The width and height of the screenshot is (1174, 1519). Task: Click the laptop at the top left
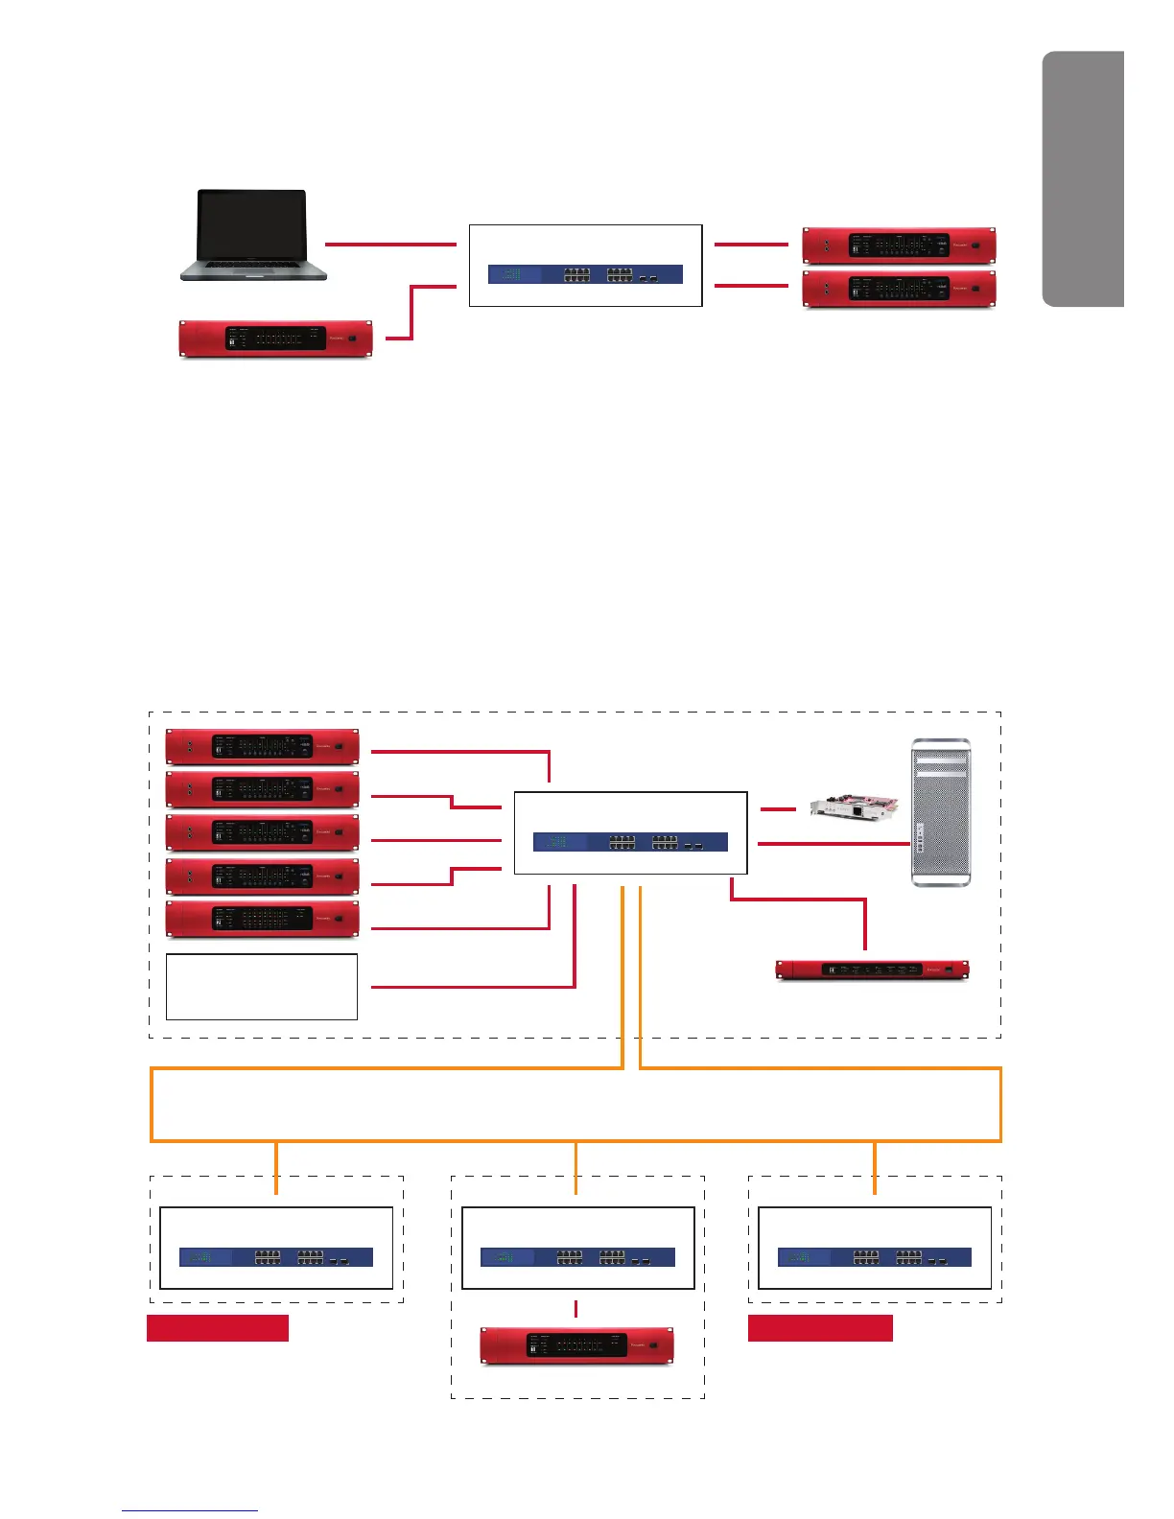pyautogui.click(x=252, y=235)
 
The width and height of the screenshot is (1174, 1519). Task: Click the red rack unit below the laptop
pyautogui.click(x=275, y=339)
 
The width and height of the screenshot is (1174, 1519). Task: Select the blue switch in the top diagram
pyautogui.click(x=585, y=274)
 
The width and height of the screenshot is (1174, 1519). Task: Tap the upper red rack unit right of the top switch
pyautogui.click(x=899, y=245)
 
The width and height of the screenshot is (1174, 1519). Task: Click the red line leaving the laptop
pyautogui.click(x=390, y=245)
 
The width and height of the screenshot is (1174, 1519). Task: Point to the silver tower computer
pyautogui.click(x=939, y=812)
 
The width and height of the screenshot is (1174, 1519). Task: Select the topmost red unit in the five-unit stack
pyautogui.click(x=262, y=746)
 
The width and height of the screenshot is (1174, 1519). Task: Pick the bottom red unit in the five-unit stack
pyautogui.click(x=262, y=918)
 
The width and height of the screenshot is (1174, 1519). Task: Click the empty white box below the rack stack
pyautogui.click(x=262, y=986)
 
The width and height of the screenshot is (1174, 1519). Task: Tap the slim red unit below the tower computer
pyautogui.click(x=872, y=970)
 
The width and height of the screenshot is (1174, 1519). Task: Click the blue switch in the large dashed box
pyautogui.click(x=630, y=842)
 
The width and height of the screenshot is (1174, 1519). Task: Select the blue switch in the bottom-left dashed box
pyautogui.click(x=276, y=1257)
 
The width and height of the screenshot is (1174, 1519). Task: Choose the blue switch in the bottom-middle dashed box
pyautogui.click(x=577, y=1257)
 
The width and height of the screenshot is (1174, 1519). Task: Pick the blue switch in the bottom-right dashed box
pyautogui.click(x=875, y=1257)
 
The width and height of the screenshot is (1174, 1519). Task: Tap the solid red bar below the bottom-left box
pyautogui.click(x=218, y=1328)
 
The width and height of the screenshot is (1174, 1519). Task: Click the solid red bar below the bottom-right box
pyautogui.click(x=820, y=1328)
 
